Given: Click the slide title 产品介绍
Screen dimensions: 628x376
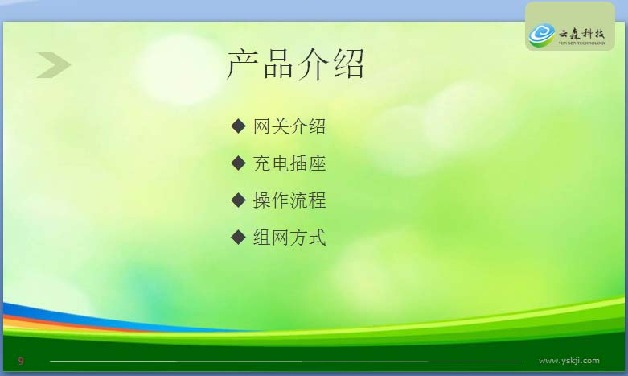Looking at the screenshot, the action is click(x=296, y=64).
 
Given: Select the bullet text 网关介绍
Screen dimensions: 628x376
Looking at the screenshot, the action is click(x=289, y=126).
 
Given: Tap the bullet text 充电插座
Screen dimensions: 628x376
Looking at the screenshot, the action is click(x=289, y=163).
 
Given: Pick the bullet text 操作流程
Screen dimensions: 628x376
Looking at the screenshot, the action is click(x=289, y=200).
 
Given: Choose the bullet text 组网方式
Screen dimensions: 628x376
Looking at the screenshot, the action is click(x=289, y=237).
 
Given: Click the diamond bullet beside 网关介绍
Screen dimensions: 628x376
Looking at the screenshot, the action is click(x=238, y=126).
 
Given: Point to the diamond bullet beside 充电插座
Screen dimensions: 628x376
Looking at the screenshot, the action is click(x=238, y=163).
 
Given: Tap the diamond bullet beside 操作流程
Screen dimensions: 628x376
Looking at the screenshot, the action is click(x=238, y=200).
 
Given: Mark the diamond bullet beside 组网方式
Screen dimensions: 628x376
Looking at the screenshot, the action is click(x=238, y=237).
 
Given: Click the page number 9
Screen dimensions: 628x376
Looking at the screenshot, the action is click(x=21, y=361).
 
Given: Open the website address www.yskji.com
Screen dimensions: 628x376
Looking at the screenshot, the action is click(x=569, y=361).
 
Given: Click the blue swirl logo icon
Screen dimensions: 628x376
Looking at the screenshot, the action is click(x=542, y=35).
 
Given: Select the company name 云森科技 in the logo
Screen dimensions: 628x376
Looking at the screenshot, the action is click(x=581, y=33).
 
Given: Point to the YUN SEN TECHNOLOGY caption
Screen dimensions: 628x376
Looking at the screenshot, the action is click(x=581, y=43).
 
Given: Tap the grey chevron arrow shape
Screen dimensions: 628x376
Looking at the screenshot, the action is click(x=53, y=64).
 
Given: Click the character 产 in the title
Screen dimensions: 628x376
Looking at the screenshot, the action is click(x=243, y=64).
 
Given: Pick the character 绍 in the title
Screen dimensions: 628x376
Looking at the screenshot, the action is click(x=348, y=64).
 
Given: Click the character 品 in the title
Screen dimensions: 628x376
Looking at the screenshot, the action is click(x=278, y=65).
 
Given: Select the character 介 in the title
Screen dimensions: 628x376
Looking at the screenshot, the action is click(x=314, y=64).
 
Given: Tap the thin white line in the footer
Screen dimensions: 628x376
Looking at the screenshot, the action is click(x=286, y=362).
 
